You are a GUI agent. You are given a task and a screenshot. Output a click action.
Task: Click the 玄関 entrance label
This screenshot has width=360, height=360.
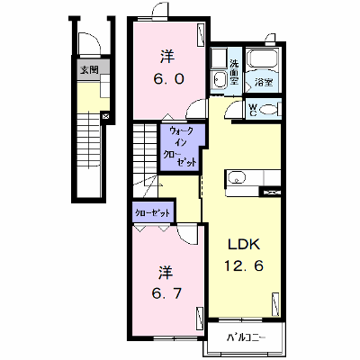tap(89, 70)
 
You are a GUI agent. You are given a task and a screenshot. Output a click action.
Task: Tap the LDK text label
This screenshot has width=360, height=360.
tap(244, 245)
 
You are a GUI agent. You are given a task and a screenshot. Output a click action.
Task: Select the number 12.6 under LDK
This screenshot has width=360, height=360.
tap(244, 265)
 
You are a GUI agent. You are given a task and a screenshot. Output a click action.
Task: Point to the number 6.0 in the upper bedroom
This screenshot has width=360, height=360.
tap(168, 79)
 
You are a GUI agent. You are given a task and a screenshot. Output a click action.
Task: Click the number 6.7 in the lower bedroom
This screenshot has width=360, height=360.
tap(166, 293)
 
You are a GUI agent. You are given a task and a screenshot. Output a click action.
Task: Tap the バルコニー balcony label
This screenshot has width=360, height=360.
tap(246, 338)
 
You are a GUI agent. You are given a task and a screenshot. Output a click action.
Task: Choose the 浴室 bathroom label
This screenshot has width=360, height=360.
tap(264, 82)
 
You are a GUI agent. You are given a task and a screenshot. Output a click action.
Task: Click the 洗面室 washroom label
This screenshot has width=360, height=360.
tap(234, 72)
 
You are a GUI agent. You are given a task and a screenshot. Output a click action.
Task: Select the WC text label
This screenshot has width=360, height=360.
tap(253, 110)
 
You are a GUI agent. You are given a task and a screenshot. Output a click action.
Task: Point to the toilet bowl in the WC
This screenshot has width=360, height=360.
tap(268, 110)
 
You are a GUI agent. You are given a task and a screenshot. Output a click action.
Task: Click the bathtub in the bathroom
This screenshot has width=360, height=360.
tap(263, 59)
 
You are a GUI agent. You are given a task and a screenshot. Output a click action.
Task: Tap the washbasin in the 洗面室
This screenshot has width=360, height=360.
tap(219, 79)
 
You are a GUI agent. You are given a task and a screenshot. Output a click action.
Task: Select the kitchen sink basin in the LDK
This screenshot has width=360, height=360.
tap(237, 177)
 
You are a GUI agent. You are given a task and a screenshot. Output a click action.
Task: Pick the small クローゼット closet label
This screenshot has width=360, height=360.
tap(152, 213)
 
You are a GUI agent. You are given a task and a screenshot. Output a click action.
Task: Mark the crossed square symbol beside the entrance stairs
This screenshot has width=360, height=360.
tap(105, 116)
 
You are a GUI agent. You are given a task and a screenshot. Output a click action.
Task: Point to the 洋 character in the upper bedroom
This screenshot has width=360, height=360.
tap(167, 57)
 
